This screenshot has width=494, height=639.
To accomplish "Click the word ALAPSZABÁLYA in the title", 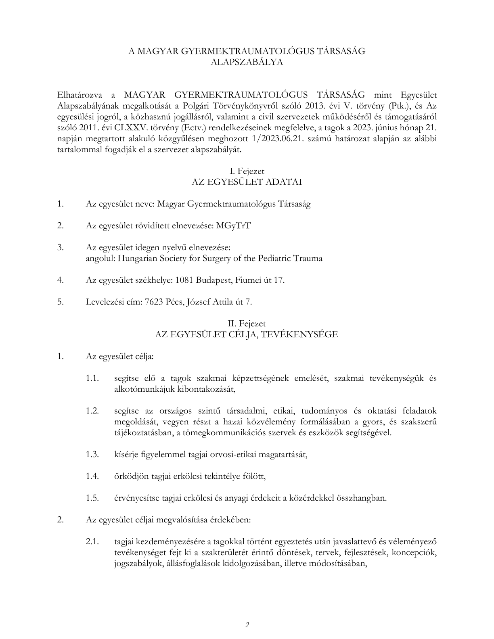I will [x=247, y=62].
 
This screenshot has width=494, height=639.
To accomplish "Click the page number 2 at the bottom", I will [x=247, y=625].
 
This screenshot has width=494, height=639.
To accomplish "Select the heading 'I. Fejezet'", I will [x=247, y=171].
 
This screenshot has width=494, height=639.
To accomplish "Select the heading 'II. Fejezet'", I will [x=247, y=324].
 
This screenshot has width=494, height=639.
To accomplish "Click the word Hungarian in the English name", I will [x=135, y=258].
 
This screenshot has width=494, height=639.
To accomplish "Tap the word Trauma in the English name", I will [x=308, y=258].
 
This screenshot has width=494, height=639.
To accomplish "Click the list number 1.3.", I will [x=92, y=454].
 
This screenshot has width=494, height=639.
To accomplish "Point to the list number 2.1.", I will [x=92, y=541].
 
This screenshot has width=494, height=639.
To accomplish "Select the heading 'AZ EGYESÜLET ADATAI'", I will [x=247, y=182].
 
